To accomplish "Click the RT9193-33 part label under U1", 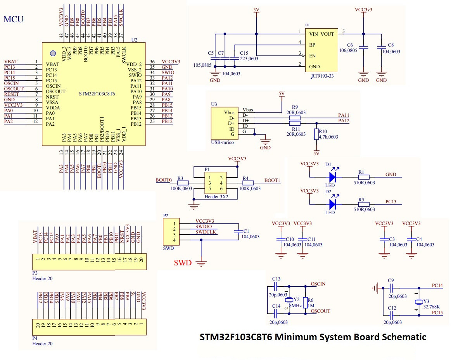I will click(322, 76).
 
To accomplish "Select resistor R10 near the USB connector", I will click(316, 135).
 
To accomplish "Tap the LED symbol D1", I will click(332, 177).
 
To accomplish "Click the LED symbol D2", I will click(332, 204).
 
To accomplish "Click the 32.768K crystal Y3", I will click(418, 302).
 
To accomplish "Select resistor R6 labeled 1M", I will click(306, 302).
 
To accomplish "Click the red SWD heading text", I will click(183, 263).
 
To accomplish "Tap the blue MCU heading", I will click(14, 19).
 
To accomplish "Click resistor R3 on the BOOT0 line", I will click(183, 183).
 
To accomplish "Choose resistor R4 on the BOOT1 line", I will click(248, 183).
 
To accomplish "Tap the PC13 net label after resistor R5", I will click(391, 202).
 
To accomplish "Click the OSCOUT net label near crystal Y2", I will click(321, 311).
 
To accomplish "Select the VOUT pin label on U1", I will click(327, 34).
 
